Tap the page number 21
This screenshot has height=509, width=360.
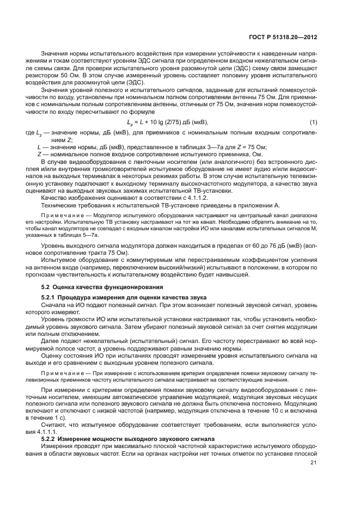(x=313, y=463)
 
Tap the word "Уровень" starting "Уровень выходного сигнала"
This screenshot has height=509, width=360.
(x=54, y=246)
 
